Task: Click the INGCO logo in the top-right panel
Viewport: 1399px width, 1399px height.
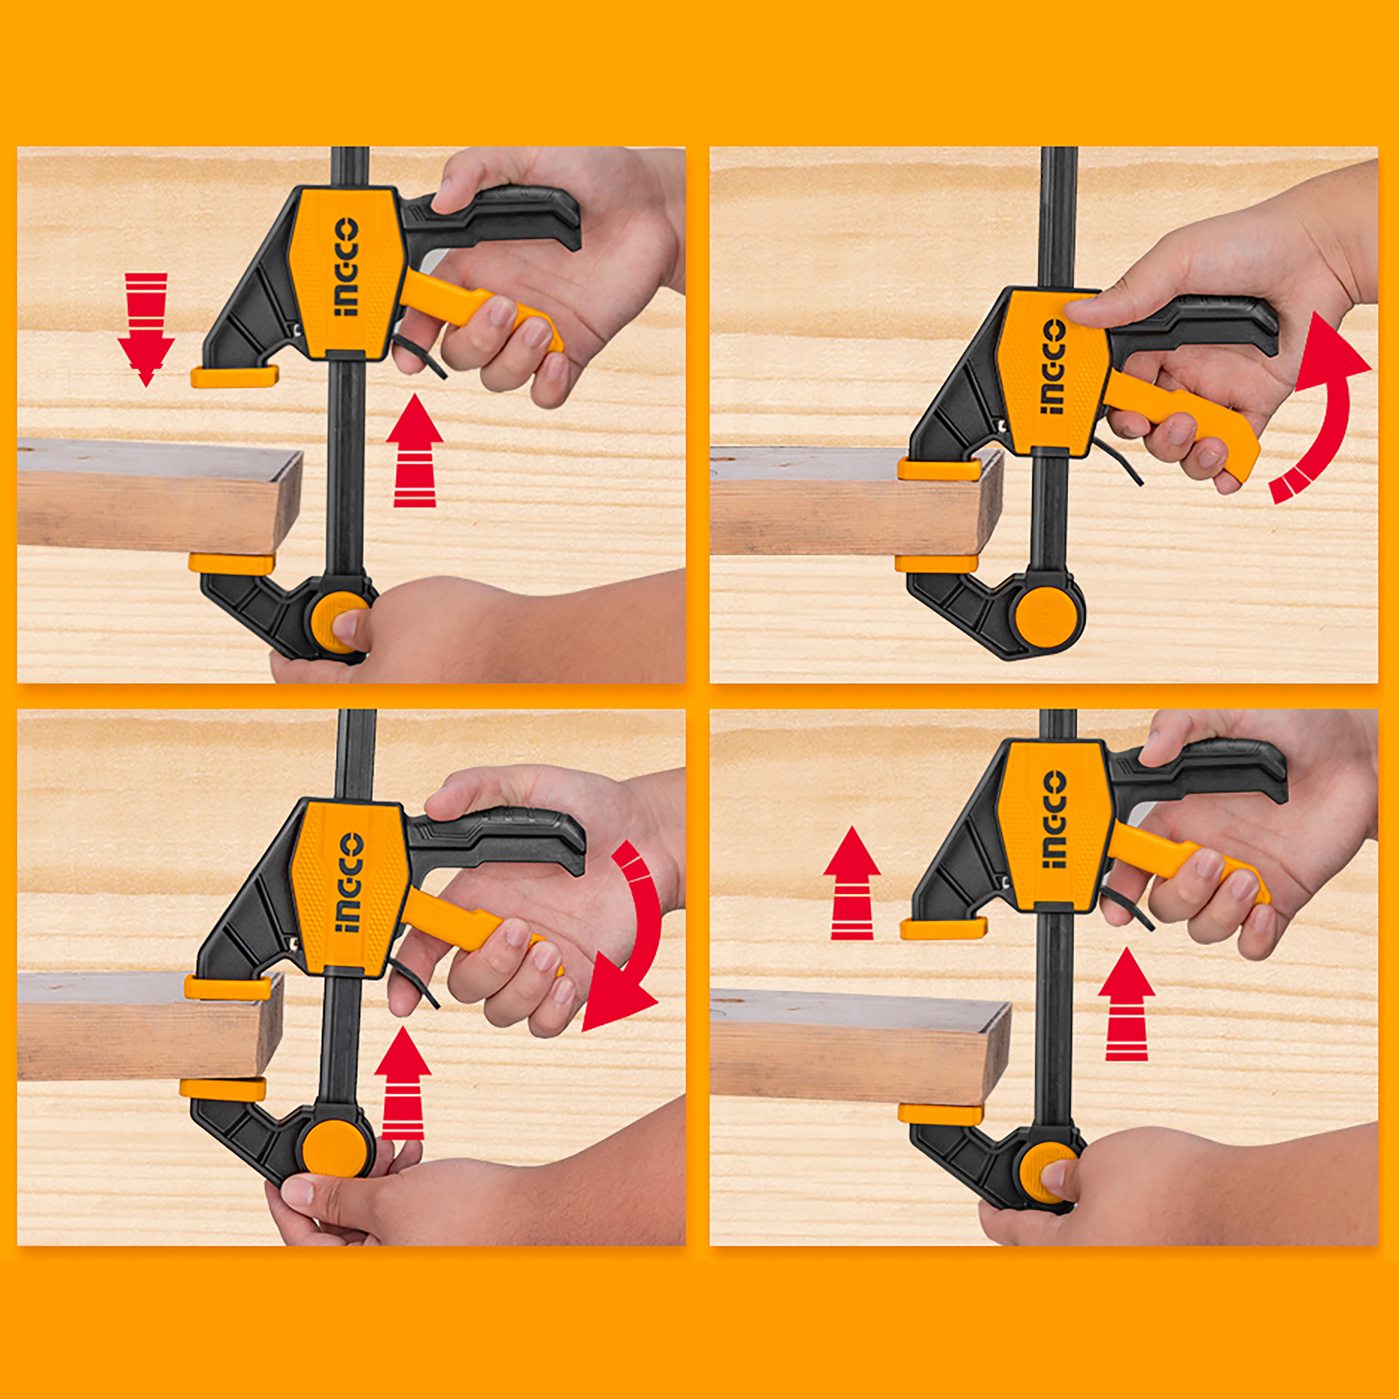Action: (x=1052, y=368)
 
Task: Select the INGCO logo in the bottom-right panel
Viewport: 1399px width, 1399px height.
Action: (x=1054, y=819)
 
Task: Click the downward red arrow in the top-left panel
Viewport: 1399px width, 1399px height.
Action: (x=146, y=330)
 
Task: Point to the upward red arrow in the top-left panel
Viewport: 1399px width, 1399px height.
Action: (x=414, y=450)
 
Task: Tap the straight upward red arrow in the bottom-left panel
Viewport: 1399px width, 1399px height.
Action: (x=403, y=1083)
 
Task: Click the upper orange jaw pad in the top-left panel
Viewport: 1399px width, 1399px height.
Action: (x=234, y=376)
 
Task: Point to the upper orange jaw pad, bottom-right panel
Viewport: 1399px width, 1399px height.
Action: (x=943, y=928)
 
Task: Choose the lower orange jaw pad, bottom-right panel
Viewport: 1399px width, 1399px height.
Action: (x=941, y=1114)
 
